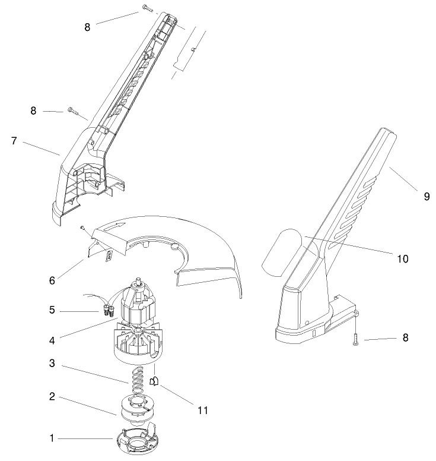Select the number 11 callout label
[202, 410]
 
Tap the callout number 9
[427, 197]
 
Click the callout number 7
[14, 141]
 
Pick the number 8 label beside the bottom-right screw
[405, 338]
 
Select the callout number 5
[53, 310]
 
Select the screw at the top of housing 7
[147, 8]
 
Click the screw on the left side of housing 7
[73, 110]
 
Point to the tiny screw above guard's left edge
[82, 226]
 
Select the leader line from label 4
[89, 330]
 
